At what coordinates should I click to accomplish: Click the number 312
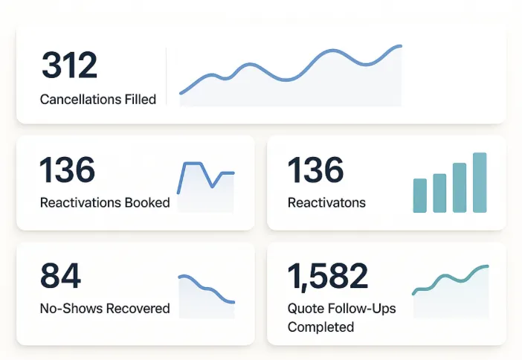click(x=69, y=65)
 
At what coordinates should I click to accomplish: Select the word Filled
click(x=140, y=99)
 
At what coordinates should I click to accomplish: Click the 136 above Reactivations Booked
click(x=68, y=170)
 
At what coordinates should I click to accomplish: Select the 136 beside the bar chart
click(x=316, y=170)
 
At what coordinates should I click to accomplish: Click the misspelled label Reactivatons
click(x=326, y=202)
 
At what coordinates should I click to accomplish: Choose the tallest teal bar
click(x=480, y=183)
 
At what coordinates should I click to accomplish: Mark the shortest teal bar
click(x=420, y=196)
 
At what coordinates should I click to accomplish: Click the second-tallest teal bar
click(x=460, y=188)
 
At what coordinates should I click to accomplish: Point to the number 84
click(x=60, y=276)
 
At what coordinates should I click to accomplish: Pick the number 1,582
click(x=328, y=276)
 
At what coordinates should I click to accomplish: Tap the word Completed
click(x=320, y=327)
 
